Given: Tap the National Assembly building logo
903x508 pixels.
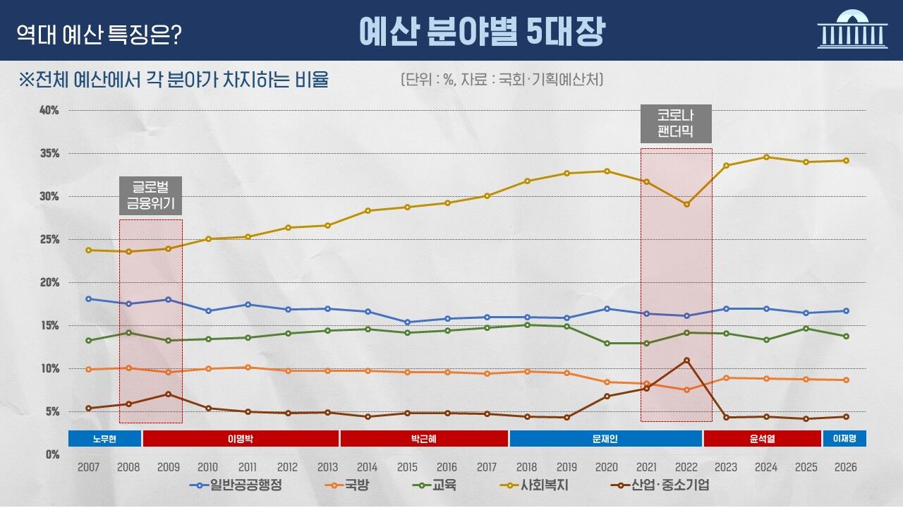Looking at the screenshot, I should [852, 30].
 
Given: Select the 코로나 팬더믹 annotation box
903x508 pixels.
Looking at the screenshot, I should [676, 123].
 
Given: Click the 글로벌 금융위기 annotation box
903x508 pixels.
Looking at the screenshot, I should [150, 195].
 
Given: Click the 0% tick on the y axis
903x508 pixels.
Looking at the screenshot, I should [52, 454].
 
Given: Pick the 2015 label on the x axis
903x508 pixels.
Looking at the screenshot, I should [407, 467].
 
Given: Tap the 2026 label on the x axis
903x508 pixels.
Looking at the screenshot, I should [846, 467].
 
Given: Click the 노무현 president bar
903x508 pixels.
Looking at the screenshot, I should [104, 438].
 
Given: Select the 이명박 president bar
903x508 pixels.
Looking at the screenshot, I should [240, 438].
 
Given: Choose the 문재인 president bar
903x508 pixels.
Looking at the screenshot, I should [605, 438].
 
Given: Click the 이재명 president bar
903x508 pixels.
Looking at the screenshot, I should [844, 438].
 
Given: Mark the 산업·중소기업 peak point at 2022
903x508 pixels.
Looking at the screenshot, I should [686, 360].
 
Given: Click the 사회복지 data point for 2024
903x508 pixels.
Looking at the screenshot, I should [766, 157].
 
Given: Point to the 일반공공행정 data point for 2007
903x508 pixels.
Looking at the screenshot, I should [88, 298].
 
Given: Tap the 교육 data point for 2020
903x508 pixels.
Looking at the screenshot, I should [607, 343].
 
